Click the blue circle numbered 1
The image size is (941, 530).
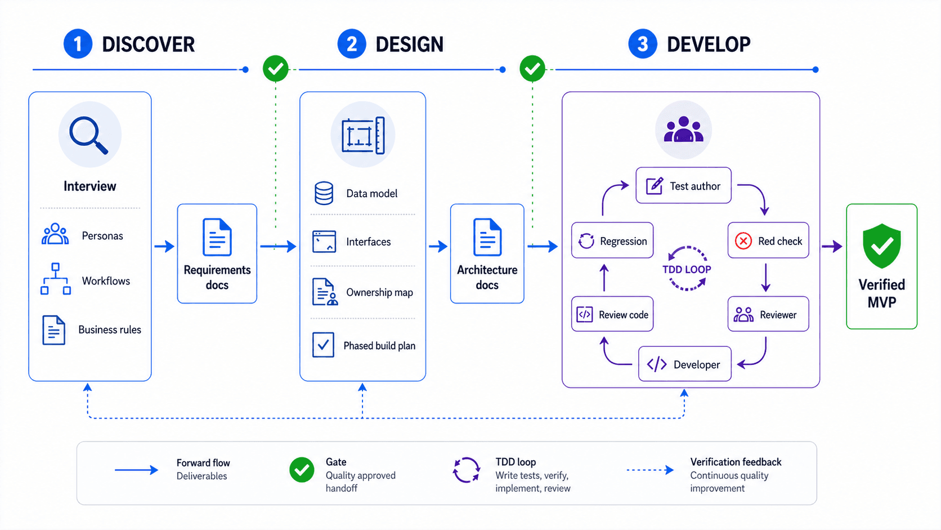click(x=78, y=44)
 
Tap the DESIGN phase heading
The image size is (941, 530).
click(x=409, y=44)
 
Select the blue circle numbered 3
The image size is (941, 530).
click(x=643, y=44)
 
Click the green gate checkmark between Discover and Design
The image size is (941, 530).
click(x=276, y=69)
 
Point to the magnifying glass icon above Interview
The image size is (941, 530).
click(x=89, y=135)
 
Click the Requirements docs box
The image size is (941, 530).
click(x=217, y=253)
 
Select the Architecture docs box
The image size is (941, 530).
click(x=487, y=253)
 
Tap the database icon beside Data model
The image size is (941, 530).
click(x=324, y=193)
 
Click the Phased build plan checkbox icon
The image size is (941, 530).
click(x=324, y=345)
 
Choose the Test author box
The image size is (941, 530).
click(x=683, y=185)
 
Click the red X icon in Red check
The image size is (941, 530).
click(x=743, y=241)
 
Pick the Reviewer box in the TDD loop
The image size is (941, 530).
click(x=768, y=314)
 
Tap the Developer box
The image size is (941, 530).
click(x=684, y=364)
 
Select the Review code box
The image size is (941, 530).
click(x=612, y=314)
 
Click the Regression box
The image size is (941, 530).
click(x=612, y=241)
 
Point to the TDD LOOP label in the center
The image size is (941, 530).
click(x=687, y=269)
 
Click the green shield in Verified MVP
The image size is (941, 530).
click(x=881, y=246)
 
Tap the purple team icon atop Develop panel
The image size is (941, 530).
click(x=683, y=130)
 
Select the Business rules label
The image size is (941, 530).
click(x=110, y=330)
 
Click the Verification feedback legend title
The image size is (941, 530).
click(x=736, y=462)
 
